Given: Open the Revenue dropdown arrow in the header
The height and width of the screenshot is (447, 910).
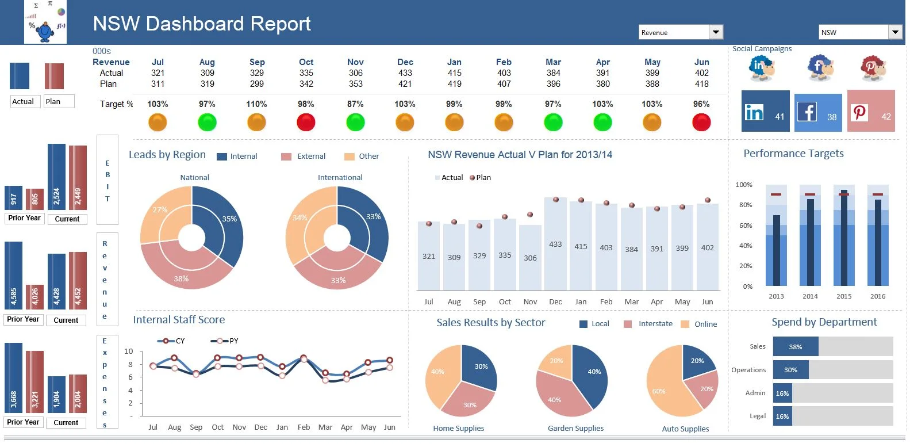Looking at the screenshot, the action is point(716,32).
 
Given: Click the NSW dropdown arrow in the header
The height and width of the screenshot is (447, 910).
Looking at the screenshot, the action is point(895,32).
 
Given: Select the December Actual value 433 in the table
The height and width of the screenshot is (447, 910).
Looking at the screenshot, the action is point(405,73).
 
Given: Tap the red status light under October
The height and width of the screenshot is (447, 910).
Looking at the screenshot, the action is point(306,122).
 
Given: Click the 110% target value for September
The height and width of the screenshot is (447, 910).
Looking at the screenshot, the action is point(256,104).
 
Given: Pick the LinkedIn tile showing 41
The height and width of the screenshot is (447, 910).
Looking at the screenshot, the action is point(765,110).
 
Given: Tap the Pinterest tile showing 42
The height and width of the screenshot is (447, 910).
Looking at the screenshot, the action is point(871,110).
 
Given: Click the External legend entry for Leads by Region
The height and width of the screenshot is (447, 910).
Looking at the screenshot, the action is point(303,156).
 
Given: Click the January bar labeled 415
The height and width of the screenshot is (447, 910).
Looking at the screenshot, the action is point(581,246).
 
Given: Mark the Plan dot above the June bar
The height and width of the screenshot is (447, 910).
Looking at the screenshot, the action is point(708,200).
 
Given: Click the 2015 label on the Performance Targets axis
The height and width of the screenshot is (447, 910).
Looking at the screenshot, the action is point(844,296).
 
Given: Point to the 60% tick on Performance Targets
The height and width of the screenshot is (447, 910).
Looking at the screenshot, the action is point(746,226).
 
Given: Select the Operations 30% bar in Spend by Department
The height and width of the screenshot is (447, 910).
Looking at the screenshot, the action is point(790,370).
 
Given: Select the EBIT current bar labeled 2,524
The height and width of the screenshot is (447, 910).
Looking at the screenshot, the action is point(56,177).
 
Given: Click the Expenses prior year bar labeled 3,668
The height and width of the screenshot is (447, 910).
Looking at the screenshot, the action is point(13,378).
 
